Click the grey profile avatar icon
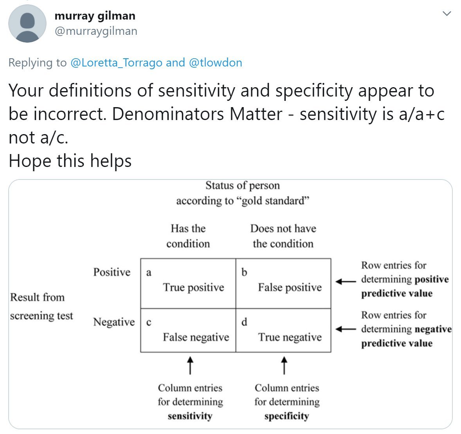(27, 23)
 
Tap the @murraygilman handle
(96, 31)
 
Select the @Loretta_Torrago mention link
(116, 63)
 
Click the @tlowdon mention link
(215, 63)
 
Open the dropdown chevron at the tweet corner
(447, 14)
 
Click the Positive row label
(112, 272)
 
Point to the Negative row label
(113, 322)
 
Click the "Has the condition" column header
(188, 236)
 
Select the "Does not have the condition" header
(283, 236)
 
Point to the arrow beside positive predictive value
(346, 281)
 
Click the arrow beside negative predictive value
(346, 329)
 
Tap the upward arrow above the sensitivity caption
(190, 365)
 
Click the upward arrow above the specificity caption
(285, 365)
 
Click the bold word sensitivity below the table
(190, 416)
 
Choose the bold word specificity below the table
(286, 416)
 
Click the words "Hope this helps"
(70, 161)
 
